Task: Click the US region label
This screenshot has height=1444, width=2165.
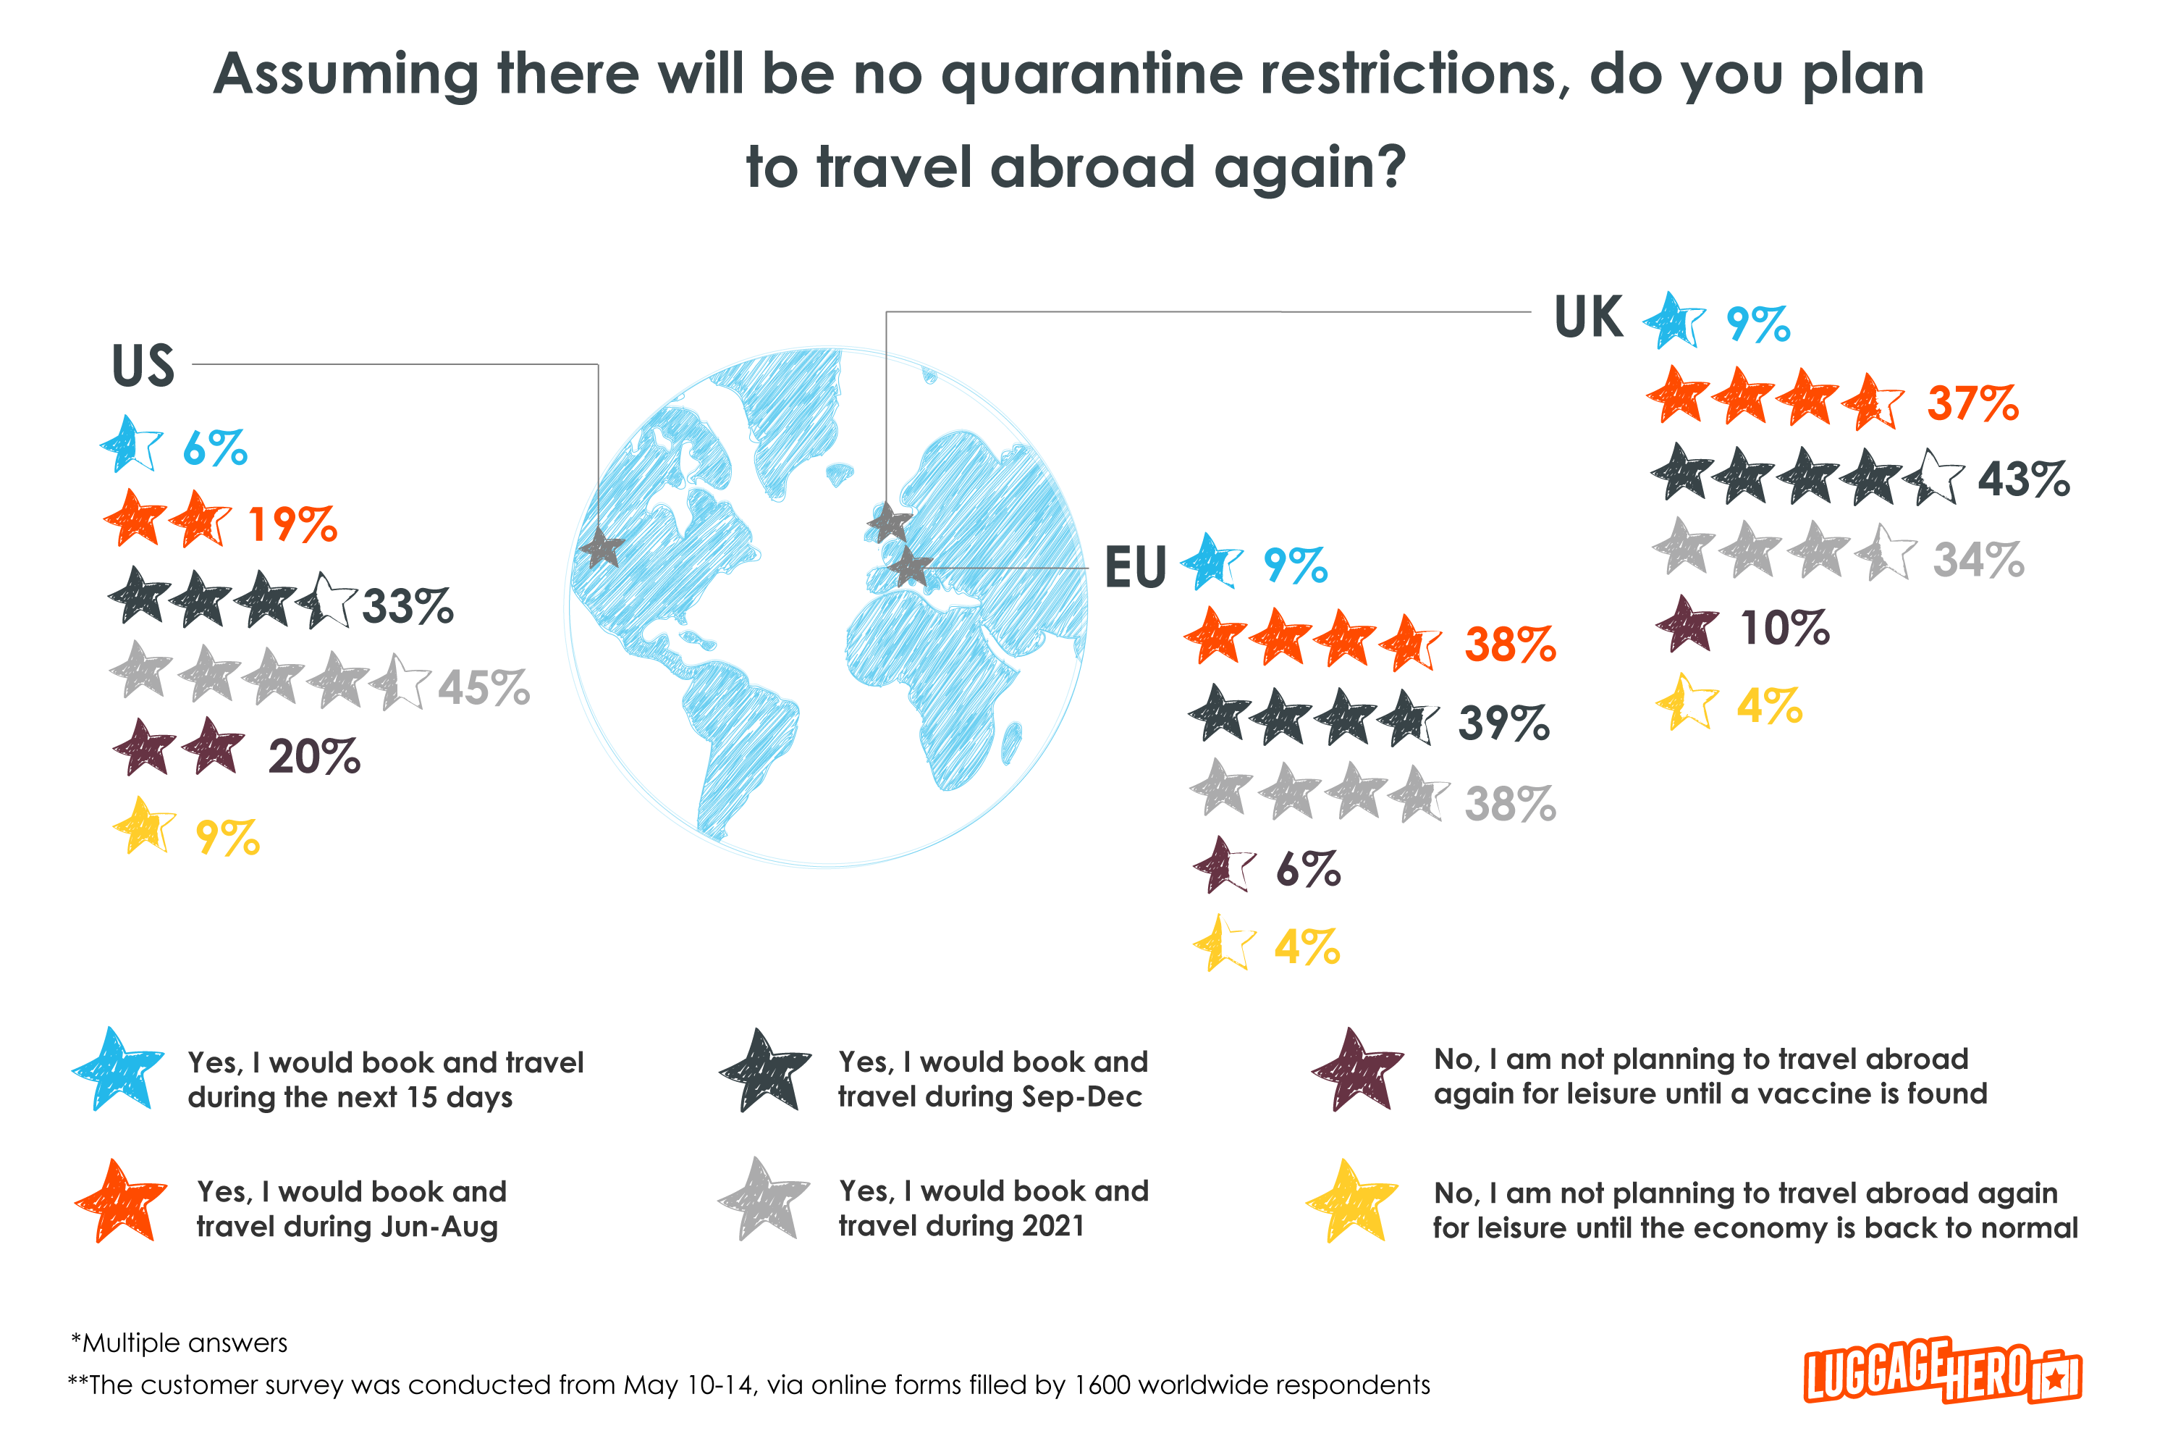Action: (x=143, y=366)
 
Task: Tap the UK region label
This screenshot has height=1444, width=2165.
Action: (x=1588, y=318)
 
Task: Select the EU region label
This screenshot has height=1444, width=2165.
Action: (x=1135, y=567)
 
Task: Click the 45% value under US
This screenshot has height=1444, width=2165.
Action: (x=484, y=688)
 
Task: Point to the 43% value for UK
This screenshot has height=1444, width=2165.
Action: (x=2023, y=480)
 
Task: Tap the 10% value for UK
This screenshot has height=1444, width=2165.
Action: (x=1784, y=628)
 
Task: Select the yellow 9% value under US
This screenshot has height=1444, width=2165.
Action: (x=227, y=838)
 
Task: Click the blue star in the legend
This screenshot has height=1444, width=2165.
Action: (x=118, y=1071)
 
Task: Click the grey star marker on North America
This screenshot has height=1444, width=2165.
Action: (x=603, y=548)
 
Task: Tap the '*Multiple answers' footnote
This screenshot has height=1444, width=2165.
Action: (x=180, y=1343)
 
